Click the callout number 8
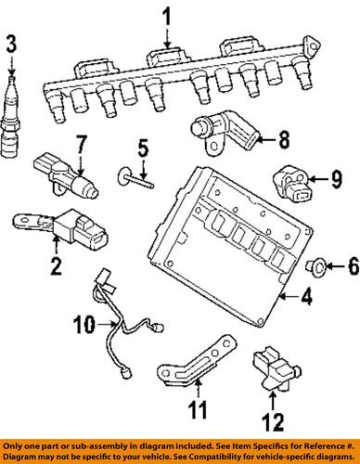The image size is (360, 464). (283, 140)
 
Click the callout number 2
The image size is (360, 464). (56, 269)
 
